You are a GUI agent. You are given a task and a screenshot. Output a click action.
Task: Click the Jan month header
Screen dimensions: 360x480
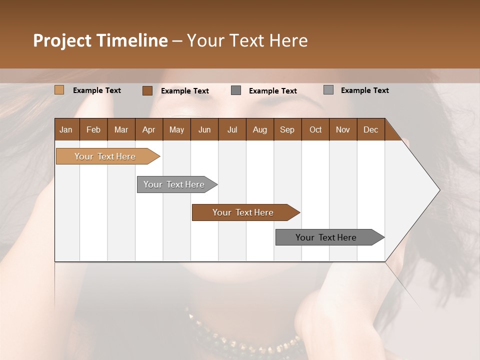(x=66, y=129)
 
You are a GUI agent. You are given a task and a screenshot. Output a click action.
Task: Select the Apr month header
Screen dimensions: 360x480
(x=148, y=129)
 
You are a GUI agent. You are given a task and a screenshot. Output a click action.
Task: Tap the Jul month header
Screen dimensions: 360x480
(x=232, y=129)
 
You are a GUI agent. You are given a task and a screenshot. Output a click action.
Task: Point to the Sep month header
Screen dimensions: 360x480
(x=287, y=129)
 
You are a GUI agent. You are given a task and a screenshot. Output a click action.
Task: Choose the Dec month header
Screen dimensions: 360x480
(x=370, y=129)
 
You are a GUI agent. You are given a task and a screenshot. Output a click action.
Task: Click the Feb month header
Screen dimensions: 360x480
(x=93, y=129)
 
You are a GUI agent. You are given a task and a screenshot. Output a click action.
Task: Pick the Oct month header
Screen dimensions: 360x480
(x=315, y=129)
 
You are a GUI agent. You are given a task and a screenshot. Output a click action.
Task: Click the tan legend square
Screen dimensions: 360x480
(x=59, y=90)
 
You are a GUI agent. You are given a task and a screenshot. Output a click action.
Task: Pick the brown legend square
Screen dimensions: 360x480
(x=147, y=90)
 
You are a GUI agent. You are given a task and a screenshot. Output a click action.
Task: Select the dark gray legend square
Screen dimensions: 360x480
(x=236, y=90)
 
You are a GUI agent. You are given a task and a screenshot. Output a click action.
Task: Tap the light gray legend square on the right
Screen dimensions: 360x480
(x=328, y=90)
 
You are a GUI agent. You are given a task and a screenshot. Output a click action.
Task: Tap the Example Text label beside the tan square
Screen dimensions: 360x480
(x=97, y=90)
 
